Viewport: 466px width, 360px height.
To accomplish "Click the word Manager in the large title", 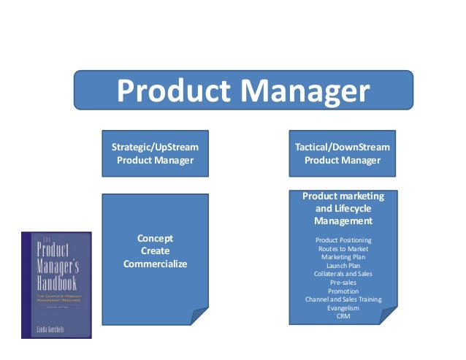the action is (x=306, y=92).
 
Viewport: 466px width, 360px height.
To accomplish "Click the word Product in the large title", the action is (x=174, y=92).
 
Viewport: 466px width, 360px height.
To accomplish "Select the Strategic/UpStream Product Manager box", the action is (x=155, y=153).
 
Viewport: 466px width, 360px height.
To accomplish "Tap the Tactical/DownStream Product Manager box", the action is (x=343, y=153).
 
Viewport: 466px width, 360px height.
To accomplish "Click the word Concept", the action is (x=155, y=238).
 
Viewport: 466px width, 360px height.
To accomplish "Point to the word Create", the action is (x=155, y=250).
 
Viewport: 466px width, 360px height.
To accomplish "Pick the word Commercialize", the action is (x=155, y=264).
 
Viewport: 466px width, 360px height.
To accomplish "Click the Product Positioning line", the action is (x=343, y=240).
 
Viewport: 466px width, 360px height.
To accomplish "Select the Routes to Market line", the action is (x=343, y=249).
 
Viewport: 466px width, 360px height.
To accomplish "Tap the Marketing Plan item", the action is (x=343, y=257).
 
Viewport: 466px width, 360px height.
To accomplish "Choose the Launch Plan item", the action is (x=343, y=266).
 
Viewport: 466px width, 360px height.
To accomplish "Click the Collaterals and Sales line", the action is (x=343, y=275).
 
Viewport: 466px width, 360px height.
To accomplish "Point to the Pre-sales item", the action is (x=343, y=283).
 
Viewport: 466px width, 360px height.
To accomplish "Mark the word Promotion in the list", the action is (x=343, y=291).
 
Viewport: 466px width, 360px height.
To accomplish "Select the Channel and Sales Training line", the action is (x=343, y=300).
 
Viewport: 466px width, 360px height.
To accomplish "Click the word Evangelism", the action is (x=343, y=308).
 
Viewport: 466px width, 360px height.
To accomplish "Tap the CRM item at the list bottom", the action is (x=343, y=317).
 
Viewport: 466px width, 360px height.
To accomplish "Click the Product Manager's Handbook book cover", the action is (x=56, y=285).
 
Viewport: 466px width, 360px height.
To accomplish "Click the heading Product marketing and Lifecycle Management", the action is (x=343, y=208).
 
